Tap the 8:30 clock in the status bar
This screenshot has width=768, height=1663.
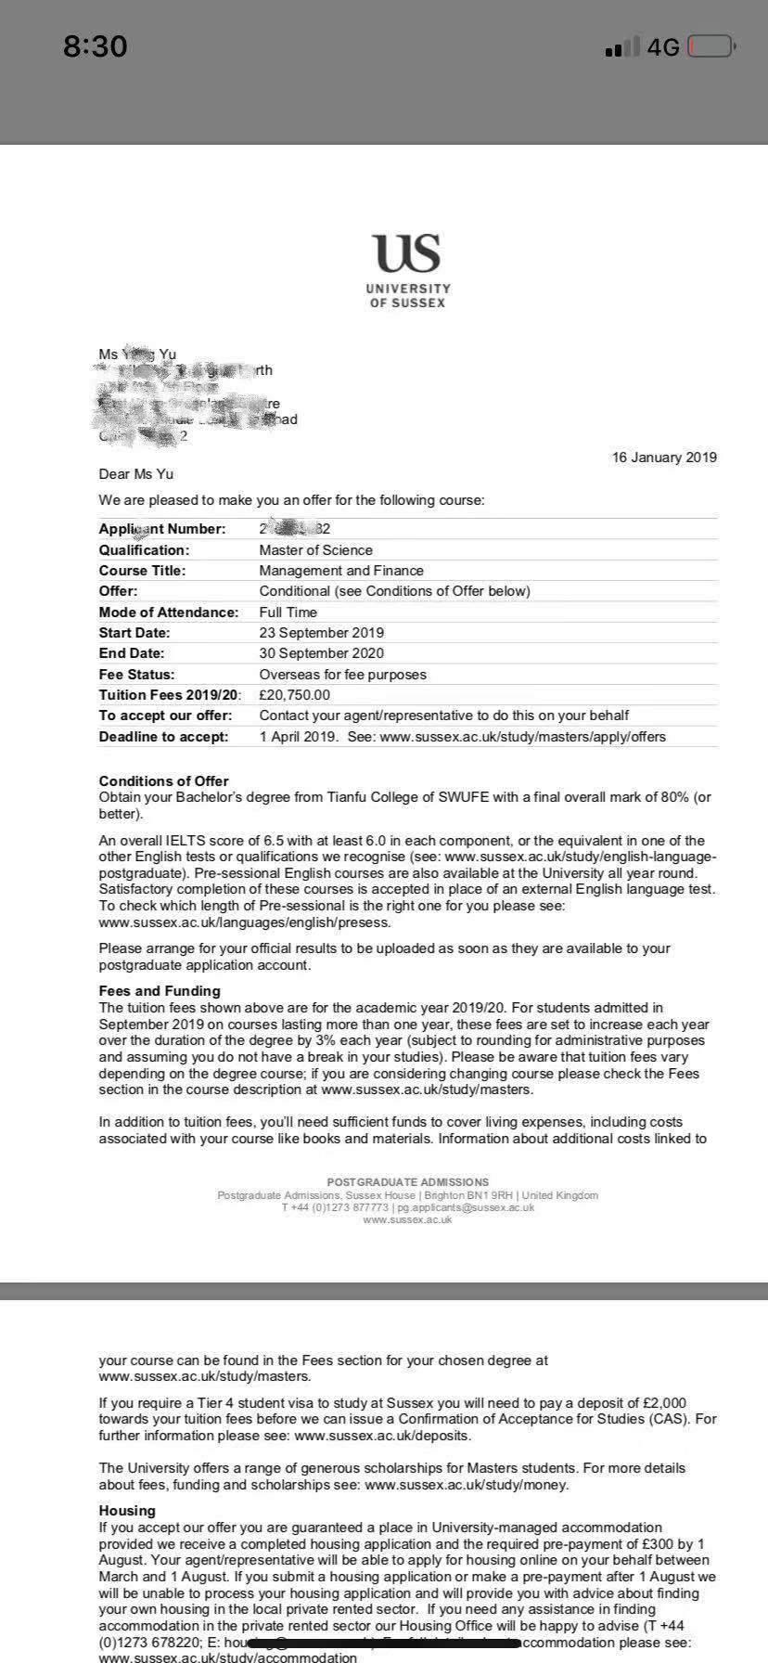(95, 46)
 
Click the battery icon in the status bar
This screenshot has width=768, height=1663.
(711, 46)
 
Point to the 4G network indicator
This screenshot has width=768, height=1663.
(663, 47)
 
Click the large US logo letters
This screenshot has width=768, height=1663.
(406, 253)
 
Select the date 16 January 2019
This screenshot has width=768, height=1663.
(664, 458)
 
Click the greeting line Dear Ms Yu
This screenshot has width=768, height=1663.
(136, 474)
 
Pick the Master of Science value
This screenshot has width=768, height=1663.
(315, 550)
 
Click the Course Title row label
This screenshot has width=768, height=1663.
(142, 571)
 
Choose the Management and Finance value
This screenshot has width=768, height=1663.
(341, 571)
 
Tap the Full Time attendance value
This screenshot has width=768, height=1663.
(288, 612)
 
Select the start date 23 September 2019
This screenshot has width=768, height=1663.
(321, 633)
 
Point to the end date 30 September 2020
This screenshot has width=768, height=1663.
(321, 653)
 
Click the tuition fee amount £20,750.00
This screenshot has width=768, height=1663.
(294, 695)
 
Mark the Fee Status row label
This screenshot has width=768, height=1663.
(136, 675)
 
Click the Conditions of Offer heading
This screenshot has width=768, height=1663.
(163, 781)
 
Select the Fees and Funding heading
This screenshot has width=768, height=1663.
(160, 991)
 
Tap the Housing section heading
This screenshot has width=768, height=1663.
(127, 1511)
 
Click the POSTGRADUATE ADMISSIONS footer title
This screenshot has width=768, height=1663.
(407, 1182)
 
